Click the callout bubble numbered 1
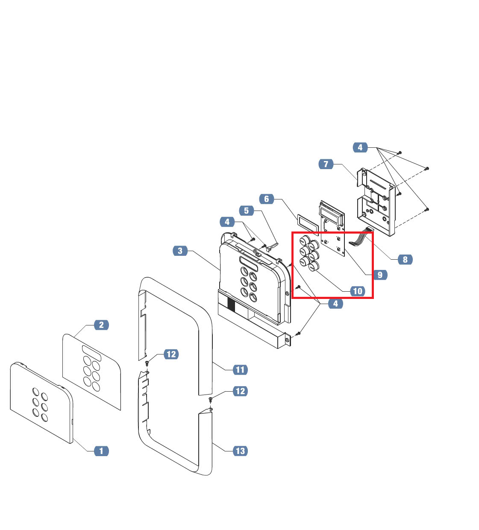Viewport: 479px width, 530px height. tap(102, 451)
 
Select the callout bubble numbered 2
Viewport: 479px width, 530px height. tap(102, 325)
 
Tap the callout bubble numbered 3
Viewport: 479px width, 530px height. tap(180, 251)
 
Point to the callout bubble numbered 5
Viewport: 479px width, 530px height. tap(247, 211)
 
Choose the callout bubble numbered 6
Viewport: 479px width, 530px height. tap(267, 199)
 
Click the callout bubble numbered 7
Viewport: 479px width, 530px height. tap(326, 164)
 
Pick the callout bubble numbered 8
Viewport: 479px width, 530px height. tap(405, 260)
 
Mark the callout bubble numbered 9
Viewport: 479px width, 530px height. tap(380, 275)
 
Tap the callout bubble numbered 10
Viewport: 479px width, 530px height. tap(358, 291)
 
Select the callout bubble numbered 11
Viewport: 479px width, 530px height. tap(240, 369)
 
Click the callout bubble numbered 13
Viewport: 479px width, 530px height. tap(240, 451)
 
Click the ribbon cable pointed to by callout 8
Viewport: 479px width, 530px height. tap(361, 237)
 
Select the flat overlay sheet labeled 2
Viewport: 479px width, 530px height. tap(91, 372)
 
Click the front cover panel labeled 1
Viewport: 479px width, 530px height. tap(41, 403)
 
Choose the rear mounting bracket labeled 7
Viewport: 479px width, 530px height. tap(376, 202)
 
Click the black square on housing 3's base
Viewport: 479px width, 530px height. tap(231, 305)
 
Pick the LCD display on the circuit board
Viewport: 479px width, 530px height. tap(332, 215)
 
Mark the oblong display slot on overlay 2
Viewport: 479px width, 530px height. tap(91, 353)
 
